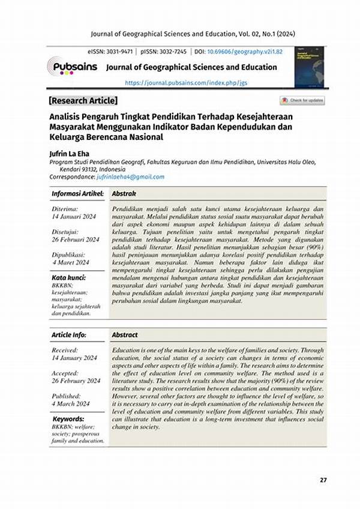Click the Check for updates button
302,100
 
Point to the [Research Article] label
83,100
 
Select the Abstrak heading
124,194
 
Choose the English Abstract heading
125,335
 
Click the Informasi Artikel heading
77,194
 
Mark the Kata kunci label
69,278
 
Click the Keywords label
68,418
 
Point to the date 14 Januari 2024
74,216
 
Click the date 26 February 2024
77,381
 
